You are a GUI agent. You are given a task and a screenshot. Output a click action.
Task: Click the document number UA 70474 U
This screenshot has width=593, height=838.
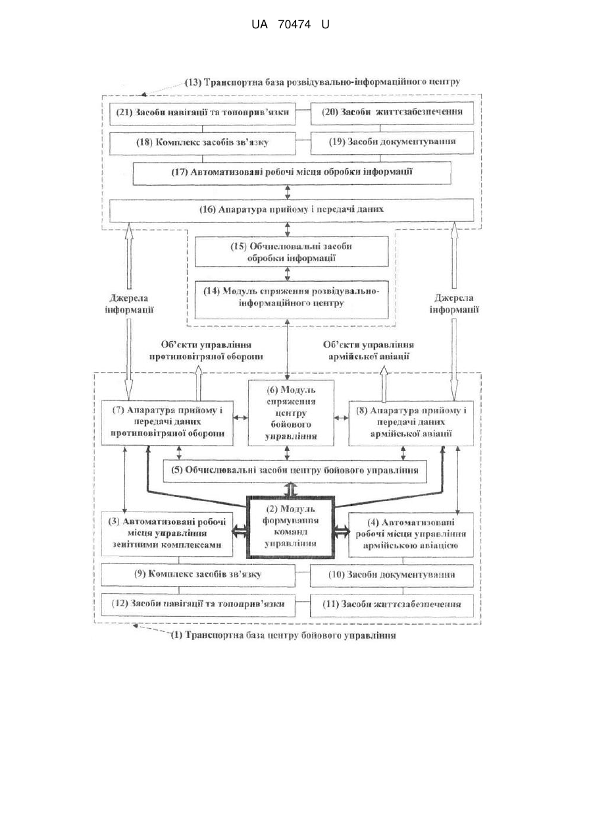point(290,24)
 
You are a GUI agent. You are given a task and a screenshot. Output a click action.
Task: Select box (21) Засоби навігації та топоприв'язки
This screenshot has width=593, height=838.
point(203,114)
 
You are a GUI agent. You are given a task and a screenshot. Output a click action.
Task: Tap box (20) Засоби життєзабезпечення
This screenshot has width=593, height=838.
point(392,113)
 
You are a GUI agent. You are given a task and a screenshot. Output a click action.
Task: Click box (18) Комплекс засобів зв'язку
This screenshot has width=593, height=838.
point(203,144)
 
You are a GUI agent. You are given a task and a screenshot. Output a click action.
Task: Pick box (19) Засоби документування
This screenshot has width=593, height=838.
point(392,143)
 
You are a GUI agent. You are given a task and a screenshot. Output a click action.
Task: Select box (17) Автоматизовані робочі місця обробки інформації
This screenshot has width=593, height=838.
point(292,173)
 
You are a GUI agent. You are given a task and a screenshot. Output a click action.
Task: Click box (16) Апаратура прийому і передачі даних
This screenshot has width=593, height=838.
point(292,210)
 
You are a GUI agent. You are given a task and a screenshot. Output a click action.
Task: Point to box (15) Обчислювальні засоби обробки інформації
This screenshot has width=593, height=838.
point(292,251)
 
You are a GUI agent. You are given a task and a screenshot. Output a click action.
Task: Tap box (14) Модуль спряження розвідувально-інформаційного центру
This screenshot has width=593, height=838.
point(292,300)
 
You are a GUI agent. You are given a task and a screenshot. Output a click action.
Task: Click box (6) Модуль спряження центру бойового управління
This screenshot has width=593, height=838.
point(291,413)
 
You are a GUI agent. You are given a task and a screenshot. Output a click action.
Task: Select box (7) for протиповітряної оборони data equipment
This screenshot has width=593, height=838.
point(167,423)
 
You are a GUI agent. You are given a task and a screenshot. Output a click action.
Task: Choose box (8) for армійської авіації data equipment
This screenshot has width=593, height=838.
point(411,423)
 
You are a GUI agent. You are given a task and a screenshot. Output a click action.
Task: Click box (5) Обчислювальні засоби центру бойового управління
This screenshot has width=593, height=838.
point(295,471)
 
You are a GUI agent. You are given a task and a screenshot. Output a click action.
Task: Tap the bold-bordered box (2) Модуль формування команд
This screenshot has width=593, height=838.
point(290,527)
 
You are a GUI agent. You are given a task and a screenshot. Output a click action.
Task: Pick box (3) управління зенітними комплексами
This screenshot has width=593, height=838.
point(167,535)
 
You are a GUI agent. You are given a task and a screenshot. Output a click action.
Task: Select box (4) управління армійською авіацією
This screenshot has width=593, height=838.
point(411,535)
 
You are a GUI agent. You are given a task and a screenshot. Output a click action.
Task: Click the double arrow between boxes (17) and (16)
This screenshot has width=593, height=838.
point(288,192)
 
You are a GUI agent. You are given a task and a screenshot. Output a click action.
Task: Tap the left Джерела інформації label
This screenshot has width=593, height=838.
point(129,303)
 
